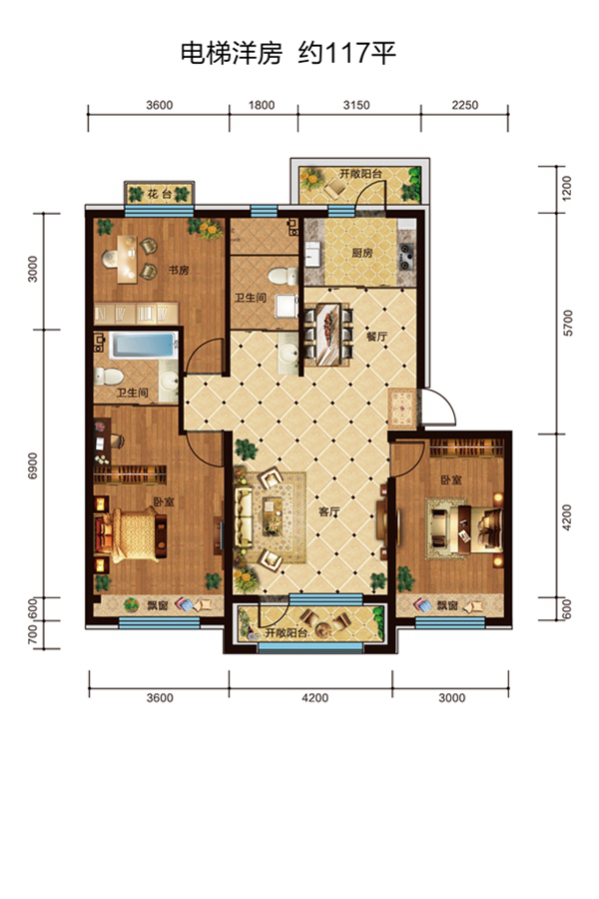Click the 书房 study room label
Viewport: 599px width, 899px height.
[x=179, y=270]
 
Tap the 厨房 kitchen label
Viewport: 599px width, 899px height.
[x=362, y=253]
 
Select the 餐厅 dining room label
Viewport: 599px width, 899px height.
[x=376, y=337]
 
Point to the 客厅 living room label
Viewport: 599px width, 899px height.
[x=329, y=511]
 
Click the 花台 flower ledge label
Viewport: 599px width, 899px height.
[x=159, y=194]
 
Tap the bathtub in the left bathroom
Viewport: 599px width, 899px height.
[x=144, y=346]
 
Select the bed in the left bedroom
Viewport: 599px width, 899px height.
[x=133, y=533]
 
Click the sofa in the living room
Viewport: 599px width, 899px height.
[x=243, y=517]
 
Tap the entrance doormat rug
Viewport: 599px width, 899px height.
[x=402, y=409]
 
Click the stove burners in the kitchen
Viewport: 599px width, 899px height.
[x=407, y=257]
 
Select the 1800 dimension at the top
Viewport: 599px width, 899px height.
[x=262, y=105]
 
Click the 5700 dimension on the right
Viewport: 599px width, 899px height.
[x=567, y=323]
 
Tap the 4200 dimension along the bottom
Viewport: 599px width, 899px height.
[x=315, y=698]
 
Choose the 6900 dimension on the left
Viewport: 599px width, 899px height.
[x=32, y=466]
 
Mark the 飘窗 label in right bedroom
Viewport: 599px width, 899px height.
[x=447, y=604]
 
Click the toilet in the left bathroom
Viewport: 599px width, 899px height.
[x=109, y=377]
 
